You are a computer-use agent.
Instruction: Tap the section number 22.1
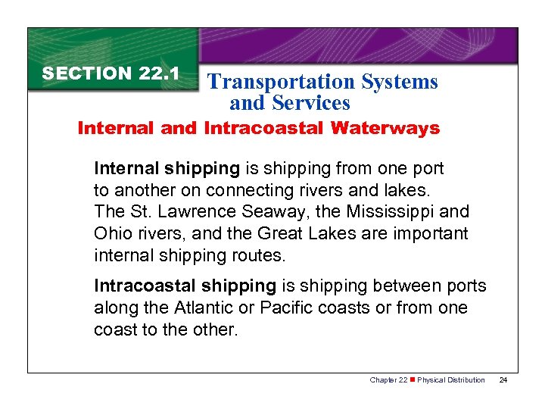click(159, 73)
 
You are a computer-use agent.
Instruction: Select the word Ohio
click(111, 233)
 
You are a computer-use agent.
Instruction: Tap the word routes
click(259, 255)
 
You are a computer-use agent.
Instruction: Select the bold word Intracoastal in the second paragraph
click(136, 286)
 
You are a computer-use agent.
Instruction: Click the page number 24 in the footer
click(503, 379)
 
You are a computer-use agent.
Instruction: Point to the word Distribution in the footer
click(468, 379)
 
